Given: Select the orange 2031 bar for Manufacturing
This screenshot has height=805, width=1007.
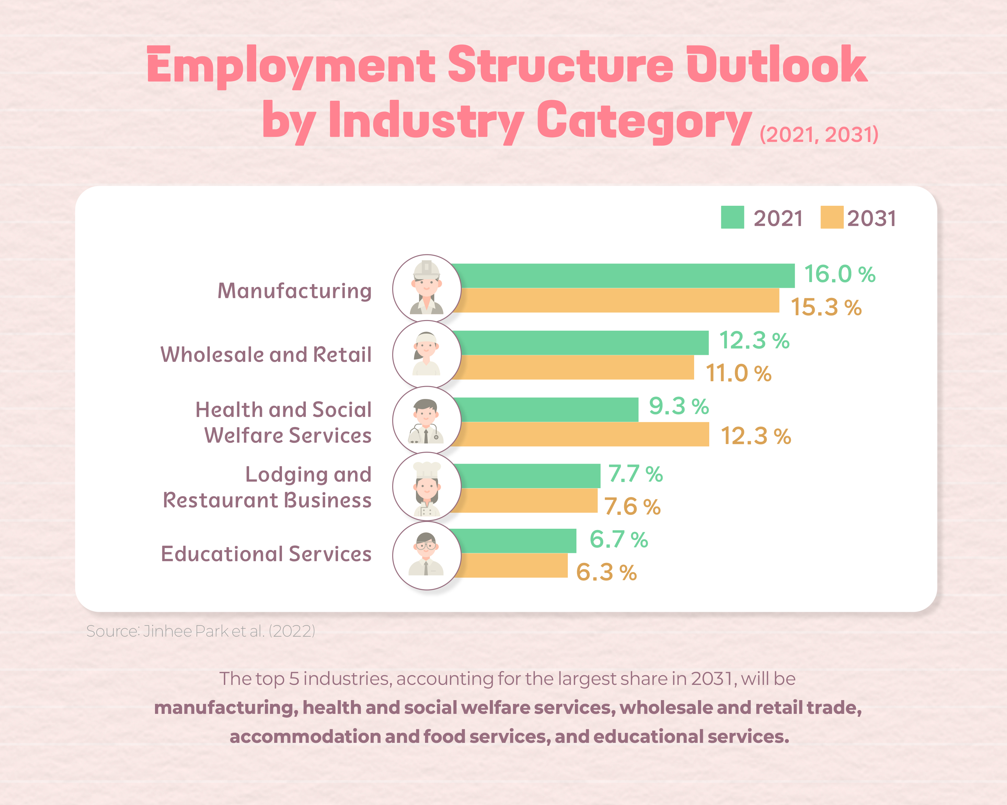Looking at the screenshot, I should (x=616, y=300).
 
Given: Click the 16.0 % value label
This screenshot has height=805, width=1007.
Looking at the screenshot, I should (x=839, y=274).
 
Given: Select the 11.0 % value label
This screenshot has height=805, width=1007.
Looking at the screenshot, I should (x=738, y=373).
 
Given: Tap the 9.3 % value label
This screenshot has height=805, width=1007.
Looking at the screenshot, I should (x=679, y=406).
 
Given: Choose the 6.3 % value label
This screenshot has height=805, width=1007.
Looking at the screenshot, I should (x=606, y=572).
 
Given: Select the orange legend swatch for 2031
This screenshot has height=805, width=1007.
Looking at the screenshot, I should (x=831, y=217).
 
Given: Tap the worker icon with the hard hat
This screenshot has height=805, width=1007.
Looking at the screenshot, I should (x=426, y=288).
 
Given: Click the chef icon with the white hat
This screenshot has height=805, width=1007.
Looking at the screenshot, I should (x=426, y=487).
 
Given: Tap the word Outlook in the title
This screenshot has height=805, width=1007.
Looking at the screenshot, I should (x=776, y=65).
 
